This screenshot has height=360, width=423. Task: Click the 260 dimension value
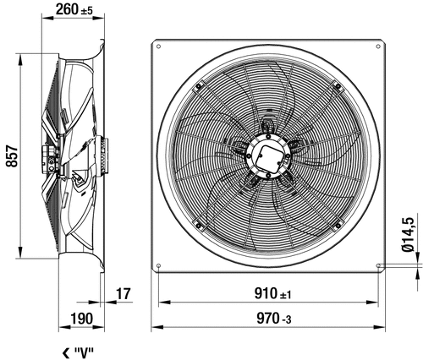[67, 9]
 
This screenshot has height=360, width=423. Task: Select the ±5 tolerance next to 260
[86, 11]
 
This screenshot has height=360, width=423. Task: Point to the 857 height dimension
[12, 156]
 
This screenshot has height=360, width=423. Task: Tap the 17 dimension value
[124, 294]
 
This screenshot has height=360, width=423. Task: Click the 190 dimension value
[81, 319]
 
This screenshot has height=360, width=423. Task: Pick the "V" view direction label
[84, 352]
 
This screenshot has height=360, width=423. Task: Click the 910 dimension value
[266, 293]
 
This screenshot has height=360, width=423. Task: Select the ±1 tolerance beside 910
[285, 295]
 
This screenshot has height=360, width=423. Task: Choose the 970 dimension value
[267, 319]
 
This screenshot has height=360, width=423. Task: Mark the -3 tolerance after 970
[286, 320]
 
